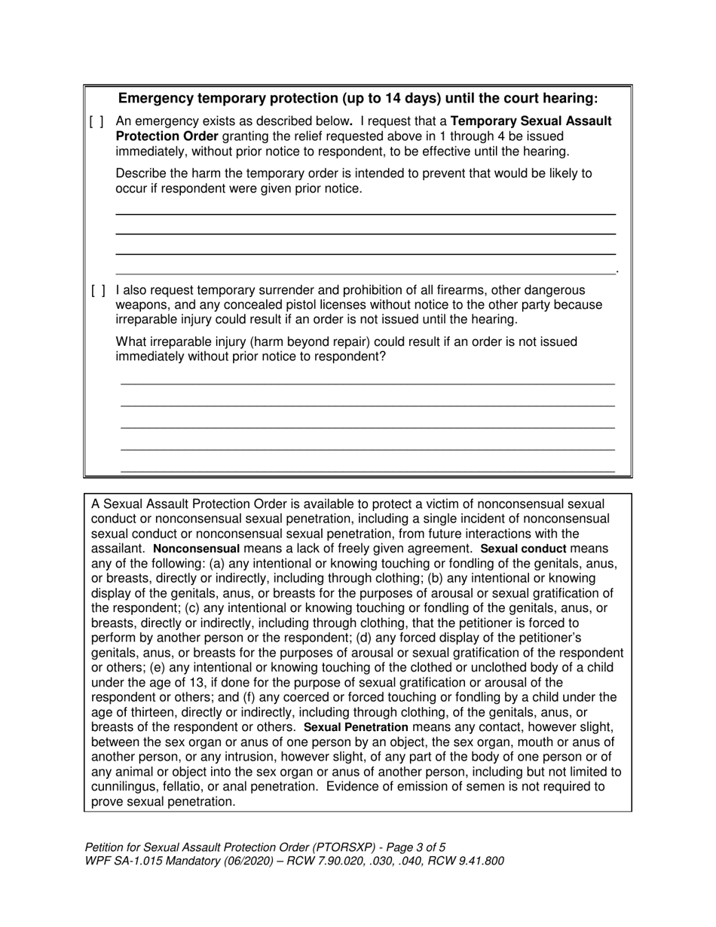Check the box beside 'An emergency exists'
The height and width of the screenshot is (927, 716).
(97, 121)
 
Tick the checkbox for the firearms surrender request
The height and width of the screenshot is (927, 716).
(97, 290)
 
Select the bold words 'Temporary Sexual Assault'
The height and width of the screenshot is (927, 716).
(531, 121)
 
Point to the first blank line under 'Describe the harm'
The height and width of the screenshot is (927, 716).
(366, 214)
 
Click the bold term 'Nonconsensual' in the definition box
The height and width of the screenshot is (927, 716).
(196, 549)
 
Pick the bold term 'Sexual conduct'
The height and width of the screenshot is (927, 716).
(523, 549)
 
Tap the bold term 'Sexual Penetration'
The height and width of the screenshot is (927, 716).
(356, 727)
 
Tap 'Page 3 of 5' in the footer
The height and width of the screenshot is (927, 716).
(412, 847)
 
